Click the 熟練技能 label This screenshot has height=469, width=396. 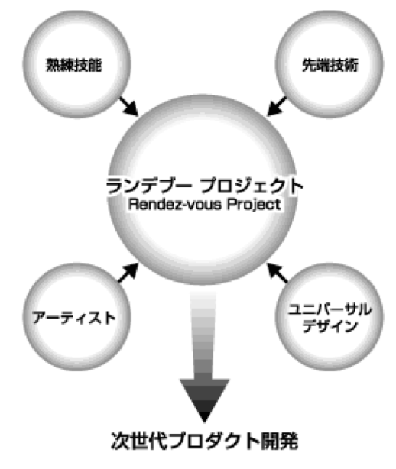[x=74, y=65]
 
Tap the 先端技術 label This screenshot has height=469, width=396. [x=329, y=65]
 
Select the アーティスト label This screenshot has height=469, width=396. [x=74, y=317]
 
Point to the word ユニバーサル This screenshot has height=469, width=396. [x=329, y=309]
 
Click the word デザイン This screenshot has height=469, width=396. [x=330, y=325]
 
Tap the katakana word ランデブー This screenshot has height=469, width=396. [x=149, y=186]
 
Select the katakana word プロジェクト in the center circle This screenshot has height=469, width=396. [x=252, y=186]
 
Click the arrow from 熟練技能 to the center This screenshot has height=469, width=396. [x=129, y=106]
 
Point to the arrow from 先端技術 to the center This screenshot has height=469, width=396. [x=277, y=106]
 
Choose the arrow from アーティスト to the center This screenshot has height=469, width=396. [x=128, y=273]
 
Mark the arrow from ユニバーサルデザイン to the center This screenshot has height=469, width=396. [x=278, y=273]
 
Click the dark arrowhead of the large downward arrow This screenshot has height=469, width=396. [x=204, y=398]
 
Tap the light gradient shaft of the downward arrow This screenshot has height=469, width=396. [x=203, y=335]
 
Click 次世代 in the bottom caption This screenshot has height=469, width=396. [x=139, y=441]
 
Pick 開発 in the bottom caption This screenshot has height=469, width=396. [x=280, y=441]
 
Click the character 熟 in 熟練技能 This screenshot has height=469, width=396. [x=53, y=65]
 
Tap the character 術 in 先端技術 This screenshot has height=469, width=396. [x=351, y=65]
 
